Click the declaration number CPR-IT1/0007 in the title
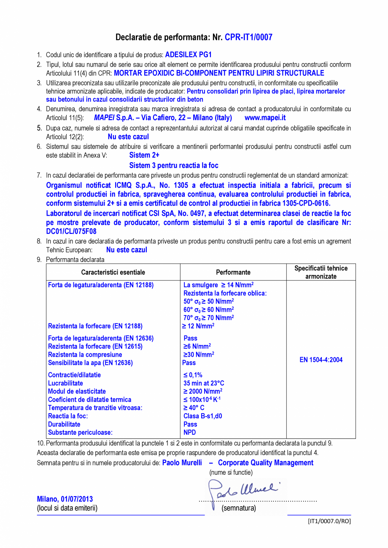248,37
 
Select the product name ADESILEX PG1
188,55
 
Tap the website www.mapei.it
265,118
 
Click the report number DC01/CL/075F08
71,231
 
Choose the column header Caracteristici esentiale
113,273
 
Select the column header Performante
233,273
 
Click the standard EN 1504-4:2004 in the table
321,360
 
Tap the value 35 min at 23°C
204,383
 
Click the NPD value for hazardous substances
190,432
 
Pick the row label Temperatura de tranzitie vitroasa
95,408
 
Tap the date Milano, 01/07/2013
65,499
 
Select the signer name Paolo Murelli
182,463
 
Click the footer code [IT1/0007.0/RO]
329,521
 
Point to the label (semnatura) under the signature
239,508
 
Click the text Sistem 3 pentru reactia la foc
174,166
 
